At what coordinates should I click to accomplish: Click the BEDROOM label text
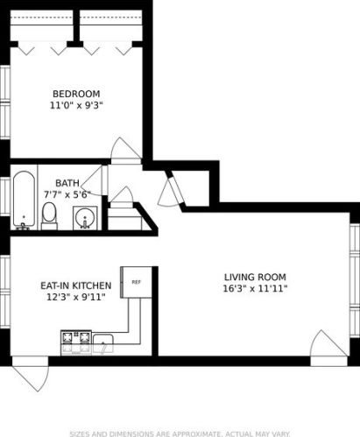76,94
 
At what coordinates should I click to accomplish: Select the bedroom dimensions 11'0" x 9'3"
76,106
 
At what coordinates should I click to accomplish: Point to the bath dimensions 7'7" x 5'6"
79,194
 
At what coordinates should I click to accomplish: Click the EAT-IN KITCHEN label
75,285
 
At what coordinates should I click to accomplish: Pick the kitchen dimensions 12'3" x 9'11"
75,298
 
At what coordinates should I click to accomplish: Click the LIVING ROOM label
255,276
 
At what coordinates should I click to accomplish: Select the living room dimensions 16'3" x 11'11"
255,288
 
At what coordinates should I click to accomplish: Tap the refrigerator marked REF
136,282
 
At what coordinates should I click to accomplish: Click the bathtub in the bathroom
24,200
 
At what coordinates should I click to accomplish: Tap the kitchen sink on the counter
104,342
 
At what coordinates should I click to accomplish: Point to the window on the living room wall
355,263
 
